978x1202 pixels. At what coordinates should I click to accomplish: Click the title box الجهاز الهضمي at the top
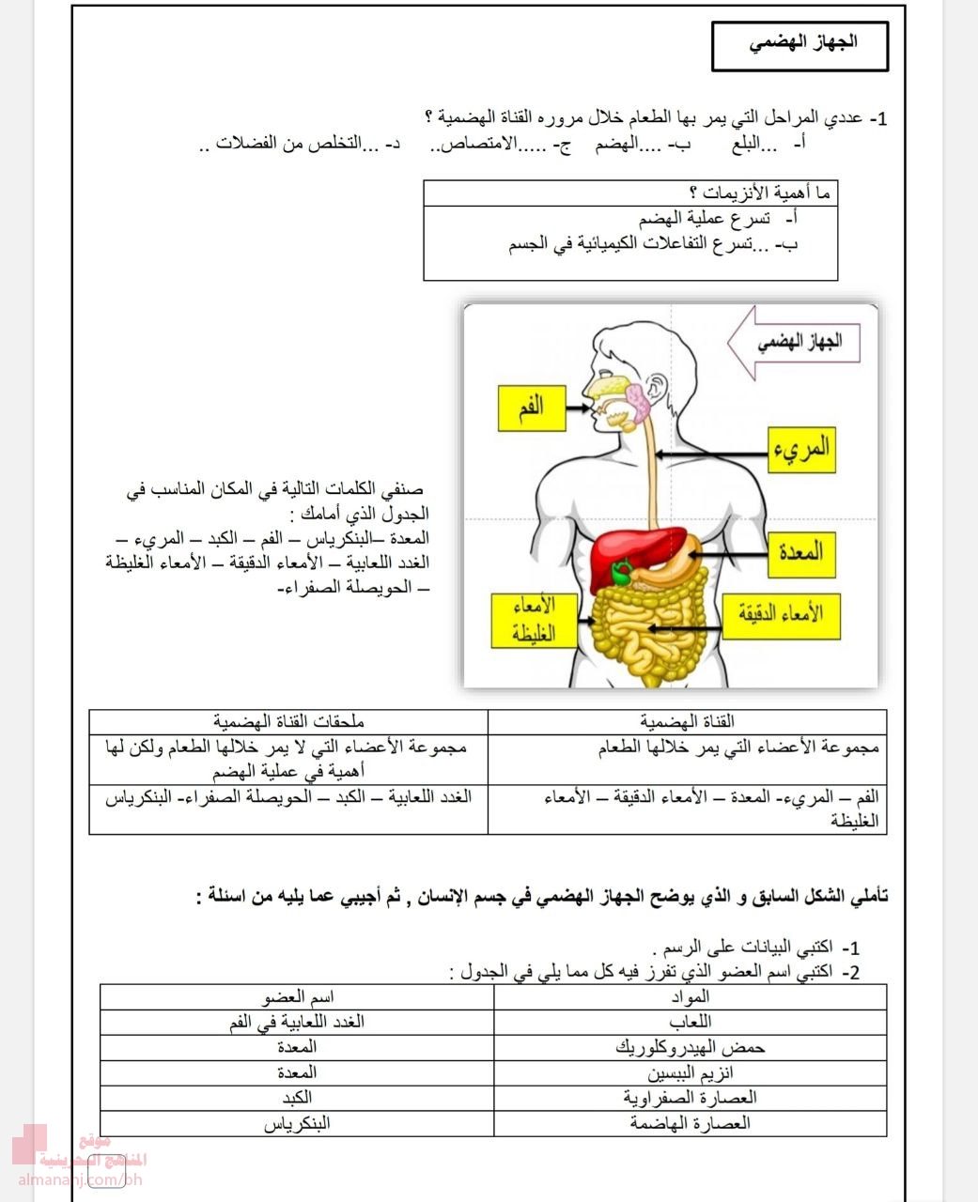[799, 45]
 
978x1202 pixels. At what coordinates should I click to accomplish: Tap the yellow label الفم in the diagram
[531, 408]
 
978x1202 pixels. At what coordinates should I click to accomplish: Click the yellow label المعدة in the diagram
[800, 551]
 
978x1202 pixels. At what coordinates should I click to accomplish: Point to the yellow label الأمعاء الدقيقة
[779, 614]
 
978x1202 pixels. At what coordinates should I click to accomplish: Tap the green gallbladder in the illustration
[621, 572]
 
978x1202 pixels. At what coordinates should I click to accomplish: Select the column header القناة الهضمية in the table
[688, 721]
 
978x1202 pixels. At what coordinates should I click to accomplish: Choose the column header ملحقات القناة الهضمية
[288, 721]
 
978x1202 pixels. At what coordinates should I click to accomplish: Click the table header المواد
[691, 996]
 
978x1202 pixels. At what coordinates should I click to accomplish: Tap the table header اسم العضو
[297, 996]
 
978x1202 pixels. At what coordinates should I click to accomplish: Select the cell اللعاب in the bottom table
[691, 1022]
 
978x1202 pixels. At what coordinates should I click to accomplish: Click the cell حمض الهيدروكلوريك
[691, 1047]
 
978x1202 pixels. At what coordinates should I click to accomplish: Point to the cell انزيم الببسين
[691, 1072]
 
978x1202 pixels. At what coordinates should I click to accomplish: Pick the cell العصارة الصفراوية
[691, 1098]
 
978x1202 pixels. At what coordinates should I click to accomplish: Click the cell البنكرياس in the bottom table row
[297, 1123]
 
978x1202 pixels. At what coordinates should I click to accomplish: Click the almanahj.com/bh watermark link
[80, 1179]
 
